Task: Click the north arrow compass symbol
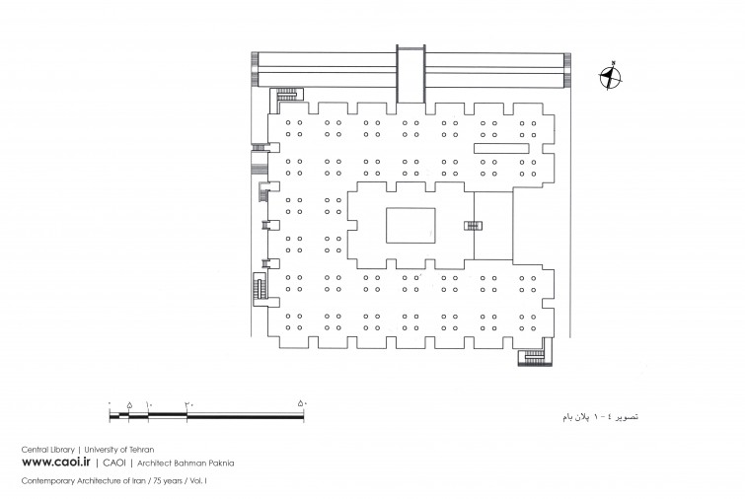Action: point(612,77)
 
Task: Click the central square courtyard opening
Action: point(410,226)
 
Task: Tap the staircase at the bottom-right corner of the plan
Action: point(534,355)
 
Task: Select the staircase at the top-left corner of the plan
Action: point(286,94)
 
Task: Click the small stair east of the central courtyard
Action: point(474,226)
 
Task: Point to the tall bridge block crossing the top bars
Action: point(410,72)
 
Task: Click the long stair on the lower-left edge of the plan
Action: point(260,289)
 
